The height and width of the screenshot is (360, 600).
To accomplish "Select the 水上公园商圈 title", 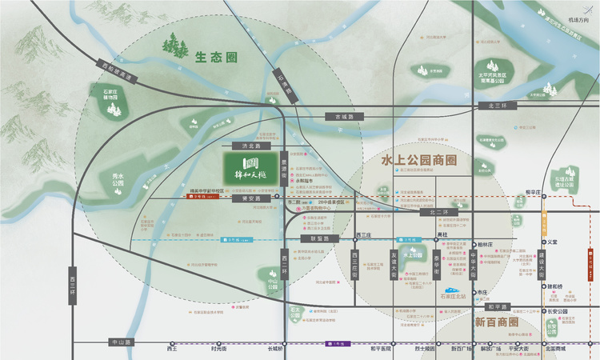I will pos(419,162).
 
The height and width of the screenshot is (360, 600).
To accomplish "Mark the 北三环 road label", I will pos(487,105).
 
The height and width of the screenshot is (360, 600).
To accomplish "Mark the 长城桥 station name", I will pos(276,349).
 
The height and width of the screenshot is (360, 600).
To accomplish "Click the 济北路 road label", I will pos(241,147).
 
